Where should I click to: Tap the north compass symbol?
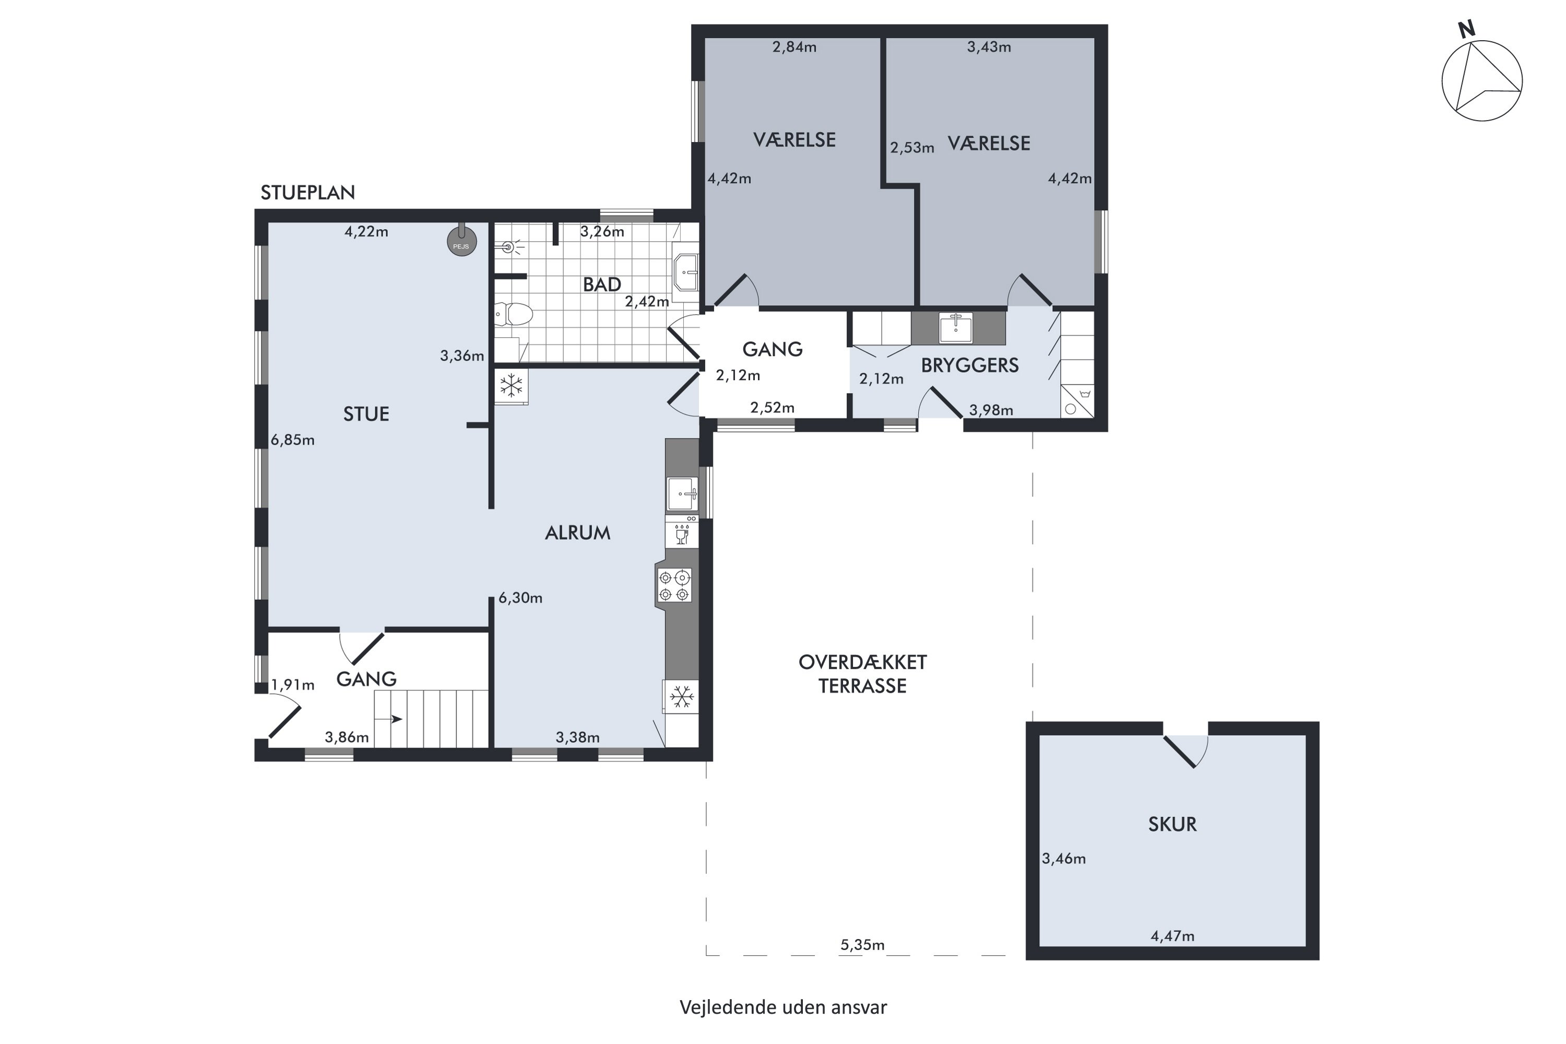click(x=1481, y=79)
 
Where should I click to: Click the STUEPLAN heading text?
click(x=307, y=193)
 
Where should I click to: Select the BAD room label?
click(x=602, y=284)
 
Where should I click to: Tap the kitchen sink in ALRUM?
click(x=682, y=493)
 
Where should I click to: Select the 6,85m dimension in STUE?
click(x=292, y=440)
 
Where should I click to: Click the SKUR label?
click(x=1172, y=824)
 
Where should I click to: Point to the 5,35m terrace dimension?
click(x=862, y=945)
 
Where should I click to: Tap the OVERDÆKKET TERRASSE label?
click(x=862, y=674)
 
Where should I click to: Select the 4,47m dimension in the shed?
click(x=1172, y=936)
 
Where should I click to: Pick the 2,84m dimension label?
click(x=794, y=46)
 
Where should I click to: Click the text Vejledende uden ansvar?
click(x=783, y=1007)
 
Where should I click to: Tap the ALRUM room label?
click(x=577, y=532)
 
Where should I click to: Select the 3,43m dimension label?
click(x=989, y=46)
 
